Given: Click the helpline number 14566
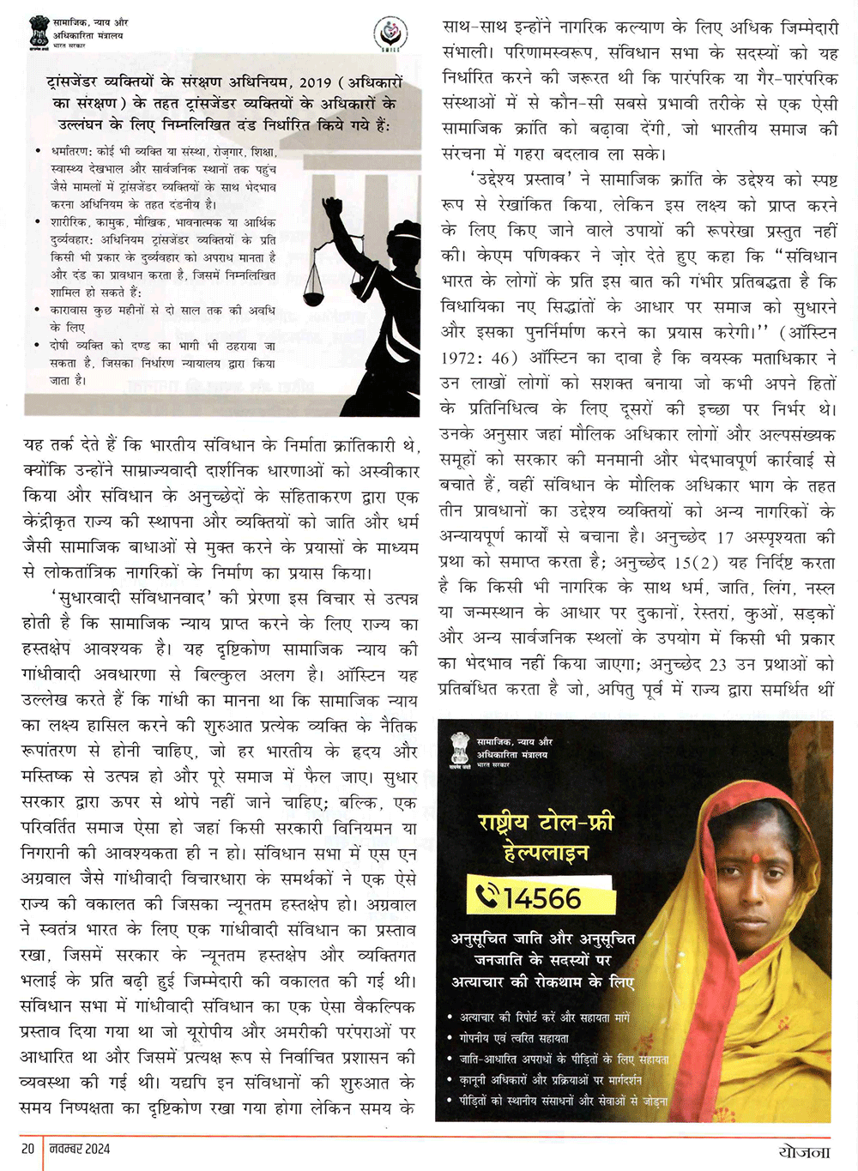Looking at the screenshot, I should click(x=542, y=898).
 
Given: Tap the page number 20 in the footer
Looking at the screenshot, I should click(x=27, y=1149).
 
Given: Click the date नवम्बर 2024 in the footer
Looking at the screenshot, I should click(x=80, y=1149).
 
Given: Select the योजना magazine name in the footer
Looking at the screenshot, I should click(x=804, y=1151).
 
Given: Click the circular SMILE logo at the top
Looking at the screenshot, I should click(x=390, y=33).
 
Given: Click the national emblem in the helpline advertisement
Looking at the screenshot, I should click(x=461, y=749).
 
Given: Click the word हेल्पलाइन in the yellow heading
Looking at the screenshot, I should click(x=547, y=853).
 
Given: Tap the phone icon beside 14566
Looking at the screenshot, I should click(x=487, y=897).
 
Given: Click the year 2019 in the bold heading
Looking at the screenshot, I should click(x=315, y=82).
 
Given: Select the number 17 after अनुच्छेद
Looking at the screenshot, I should click(x=725, y=537).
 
